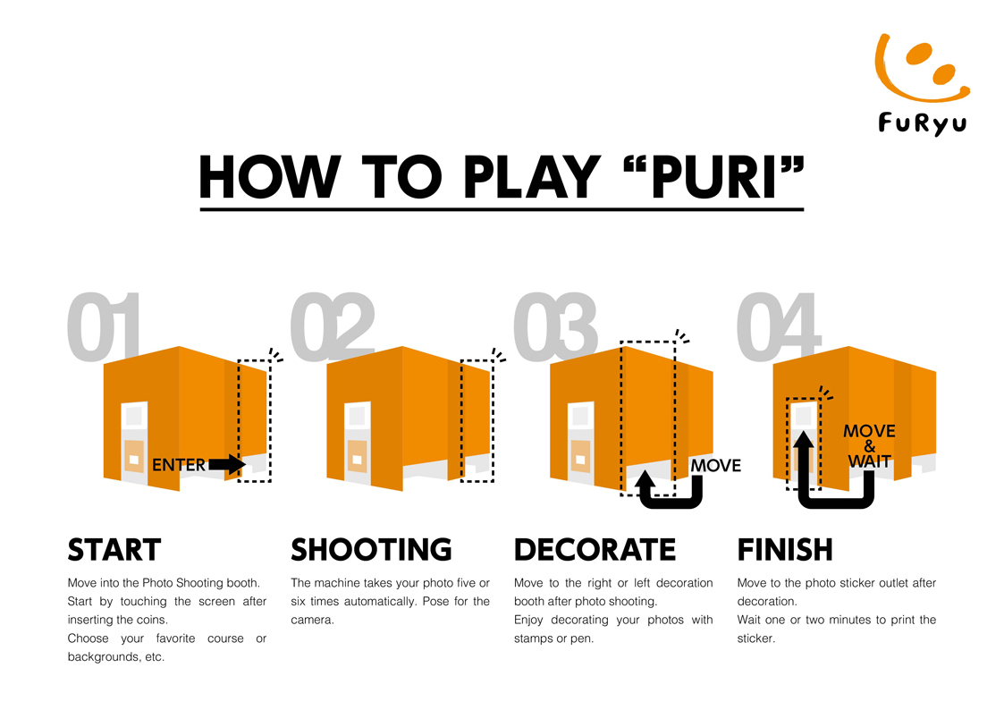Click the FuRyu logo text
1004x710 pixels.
click(922, 123)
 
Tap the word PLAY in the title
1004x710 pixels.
click(531, 177)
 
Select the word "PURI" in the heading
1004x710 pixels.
click(714, 177)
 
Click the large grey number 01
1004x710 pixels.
click(104, 326)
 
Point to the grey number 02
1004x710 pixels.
click(332, 326)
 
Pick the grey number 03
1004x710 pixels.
click(555, 326)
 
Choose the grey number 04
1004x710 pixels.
click(778, 326)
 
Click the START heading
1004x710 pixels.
click(114, 550)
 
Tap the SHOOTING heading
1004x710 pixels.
click(371, 550)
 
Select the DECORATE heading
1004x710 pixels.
click(595, 550)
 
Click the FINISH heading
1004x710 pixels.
click(785, 550)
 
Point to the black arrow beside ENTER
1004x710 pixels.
click(227, 465)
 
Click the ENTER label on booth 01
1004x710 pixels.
click(179, 465)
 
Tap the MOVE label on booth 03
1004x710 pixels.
click(716, 466)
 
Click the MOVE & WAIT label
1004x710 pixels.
click(869, 445)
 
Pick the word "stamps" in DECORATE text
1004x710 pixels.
click(534, 638)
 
